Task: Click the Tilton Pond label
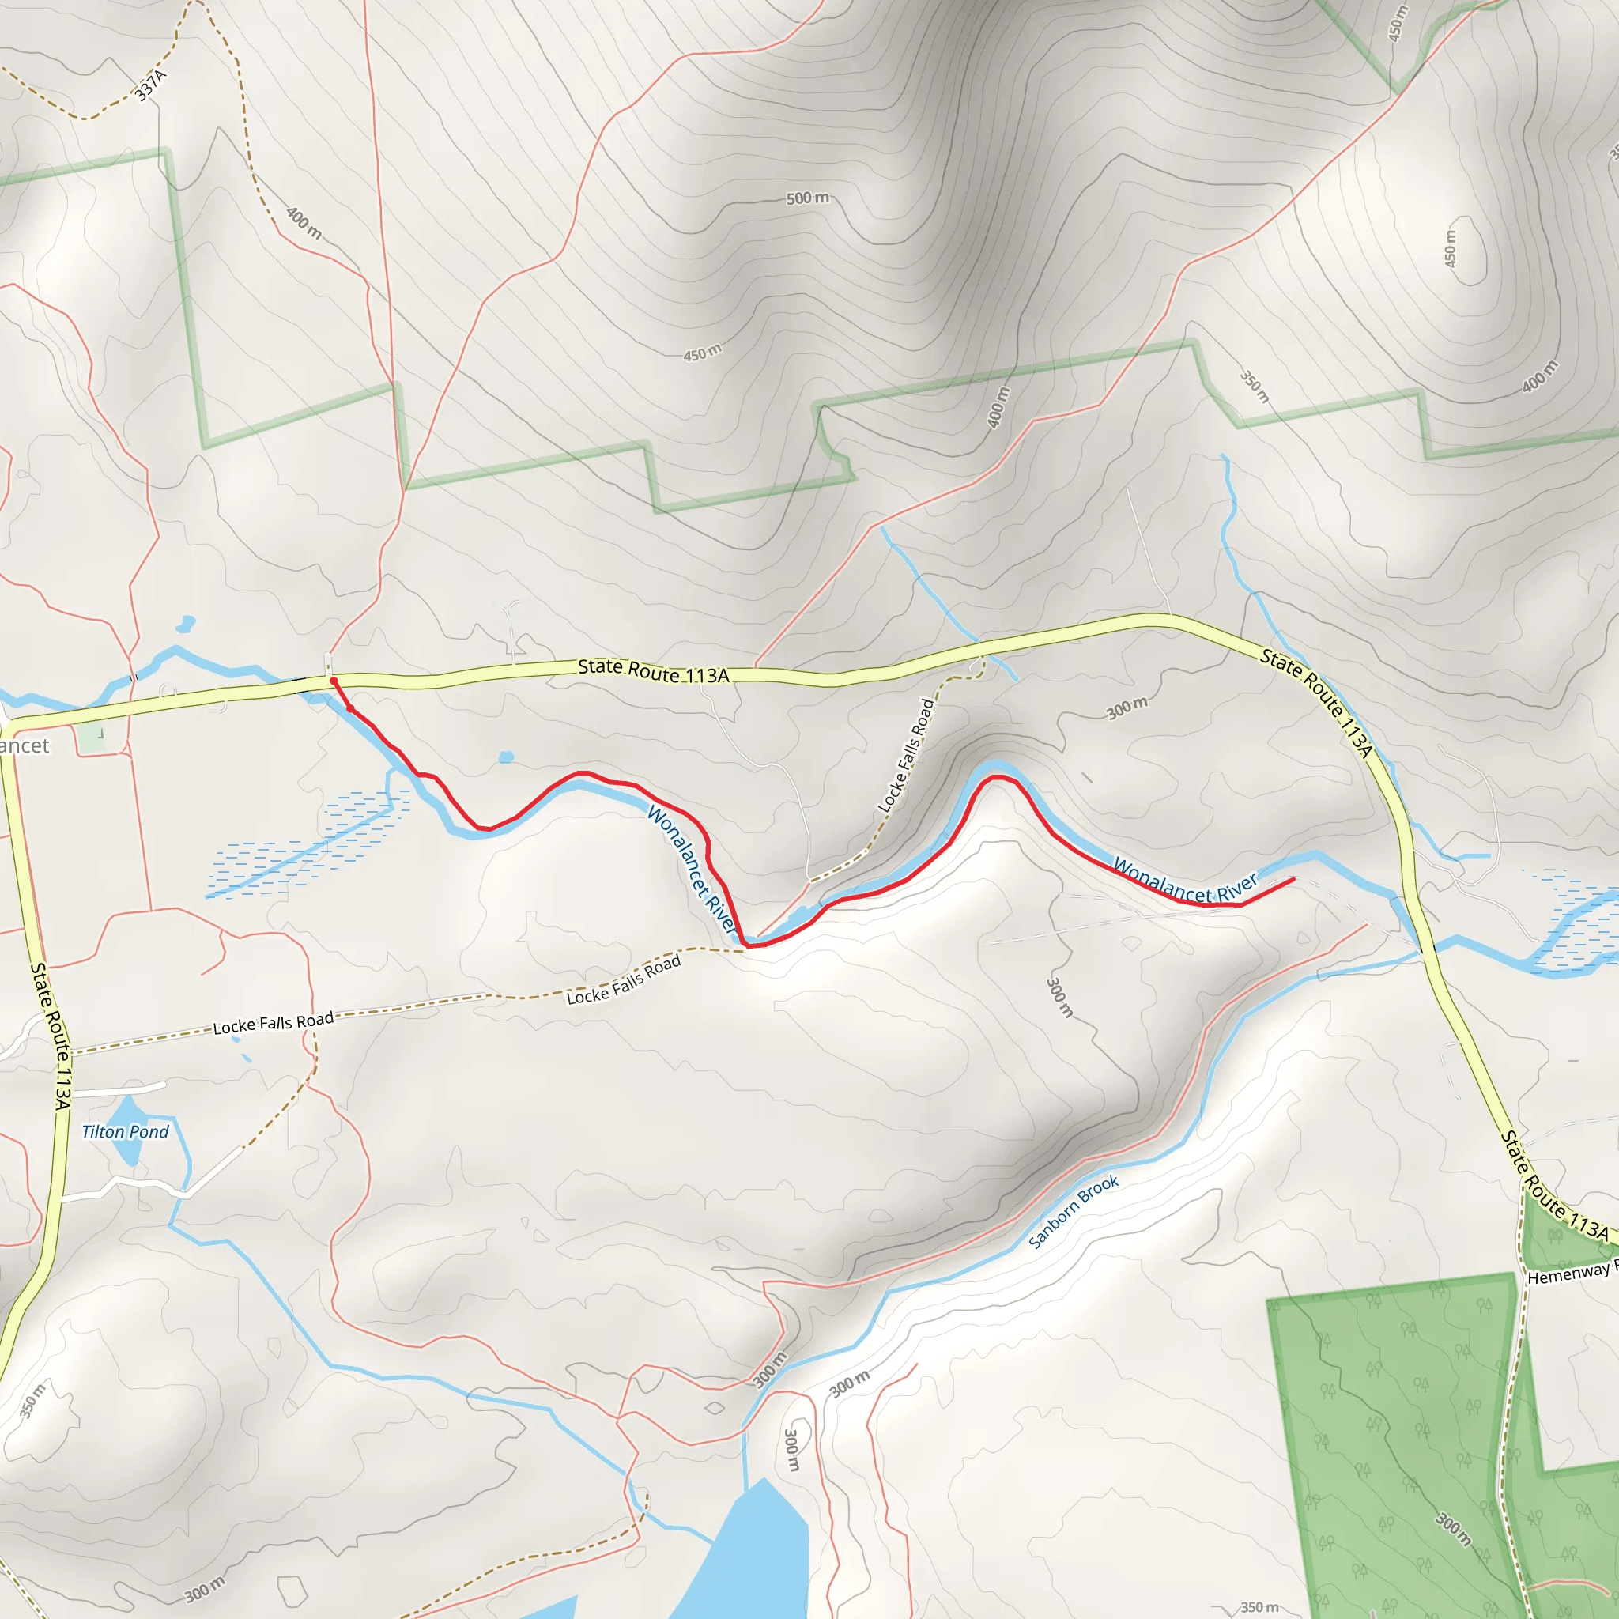coord(125,1132)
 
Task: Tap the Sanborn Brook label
coord(1074,1211)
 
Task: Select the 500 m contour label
coord(808,198)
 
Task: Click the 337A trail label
coord(152,85)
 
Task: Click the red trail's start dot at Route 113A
coord(334,681)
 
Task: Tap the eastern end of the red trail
coord(1293,879)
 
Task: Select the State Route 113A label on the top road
coord(654,671)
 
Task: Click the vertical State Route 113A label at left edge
coord(51,1036)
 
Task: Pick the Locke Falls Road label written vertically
coord(905,755)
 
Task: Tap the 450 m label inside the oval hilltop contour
coord(1450,249)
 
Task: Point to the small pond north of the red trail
coord(506,757)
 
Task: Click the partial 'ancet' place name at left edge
coord(25,745)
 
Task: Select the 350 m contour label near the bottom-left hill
coord(32,1399)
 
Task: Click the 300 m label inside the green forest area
coord(1453,1530)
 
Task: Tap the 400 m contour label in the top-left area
coord(304,223)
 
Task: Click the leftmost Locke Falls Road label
coord(274,1023)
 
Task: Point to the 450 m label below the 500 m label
coord(702,353)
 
